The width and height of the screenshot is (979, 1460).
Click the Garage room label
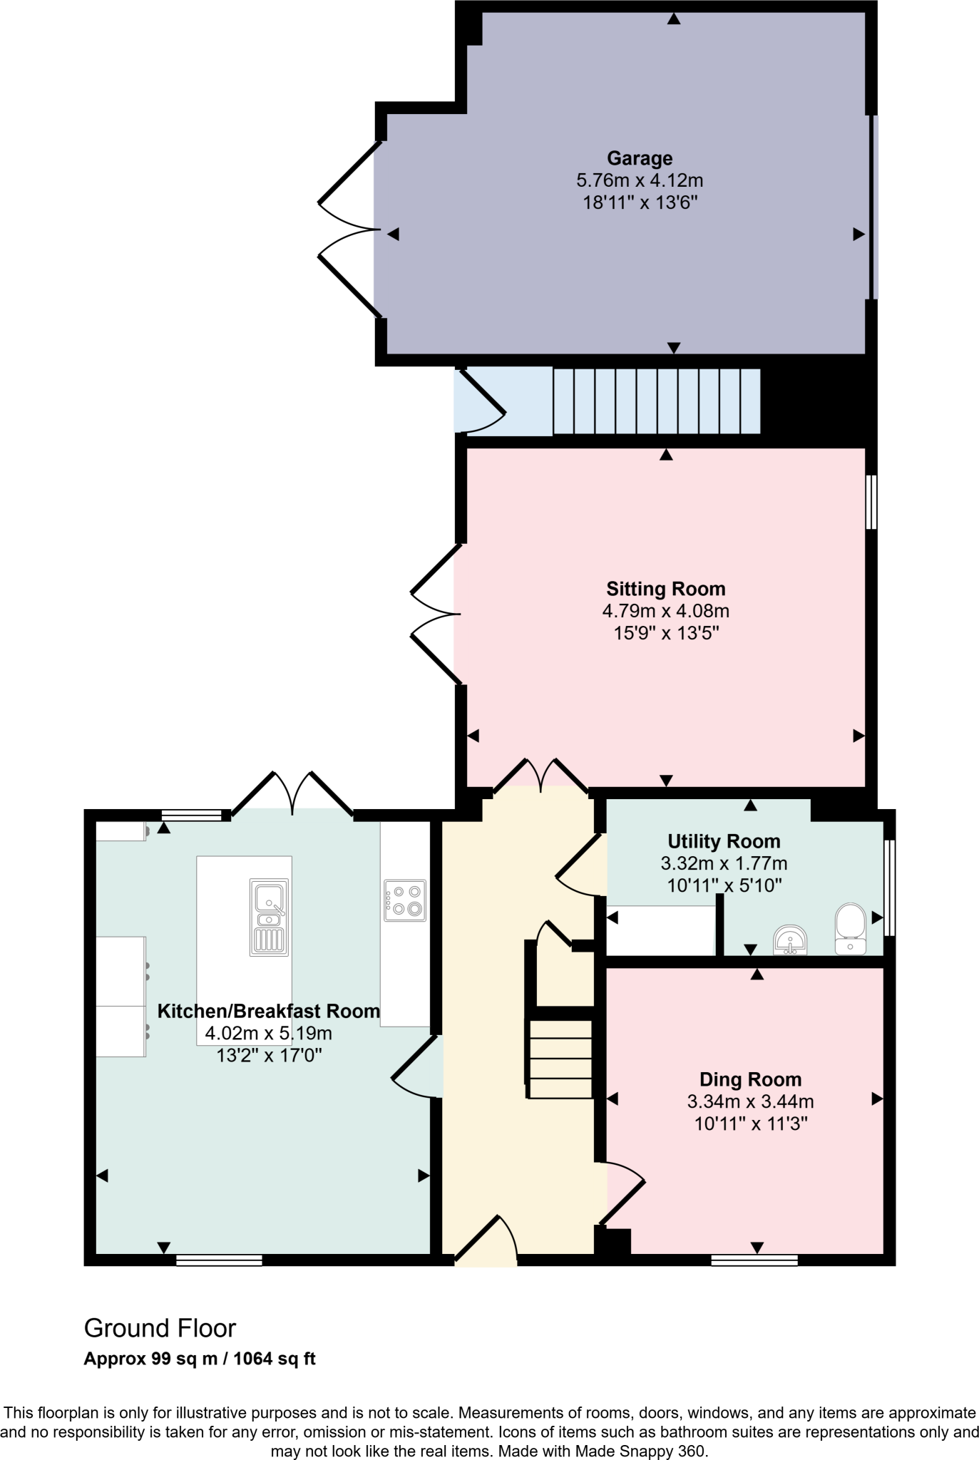[x=640, y=158]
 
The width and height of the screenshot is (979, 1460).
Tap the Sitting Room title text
[x=665, y=589]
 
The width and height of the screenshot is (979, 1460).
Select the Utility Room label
[x=724, y=841]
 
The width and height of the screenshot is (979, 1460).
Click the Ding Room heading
[x=750, y=1079]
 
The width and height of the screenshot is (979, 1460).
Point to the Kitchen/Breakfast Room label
[x=268, y=1011]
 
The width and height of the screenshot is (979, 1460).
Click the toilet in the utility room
[x=850, y=928]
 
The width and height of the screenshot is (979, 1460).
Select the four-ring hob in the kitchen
[x=405, y=900]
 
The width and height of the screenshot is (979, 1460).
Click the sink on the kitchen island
[x=270, y=917]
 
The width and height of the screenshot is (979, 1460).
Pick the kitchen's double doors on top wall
[x=292, y=793]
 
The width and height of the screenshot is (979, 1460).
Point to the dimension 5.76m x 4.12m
[x=640, y=180]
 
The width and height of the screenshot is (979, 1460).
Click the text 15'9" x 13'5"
[x=665, y=633]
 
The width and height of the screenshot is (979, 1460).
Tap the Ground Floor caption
[x=160, y=1328]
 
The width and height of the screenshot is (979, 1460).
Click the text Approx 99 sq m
[x=150, y=1359]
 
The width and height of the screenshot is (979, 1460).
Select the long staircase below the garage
[x=656, y=401]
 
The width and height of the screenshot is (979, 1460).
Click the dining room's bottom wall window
[x=754, y=1260]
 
